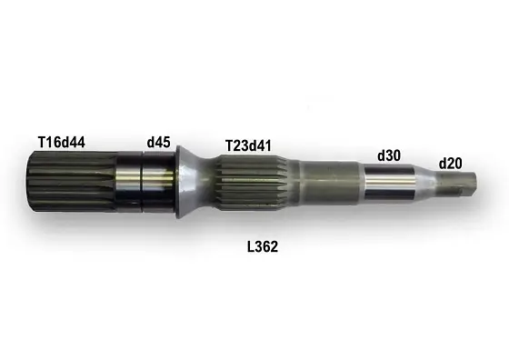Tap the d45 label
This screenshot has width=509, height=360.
pyautogui.click(x=159, y=142)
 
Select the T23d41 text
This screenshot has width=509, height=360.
pyautogui.click(x=249, y=145)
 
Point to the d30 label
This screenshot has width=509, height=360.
pyautogui.click(x=388, y=155)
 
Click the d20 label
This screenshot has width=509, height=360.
pyautogui.click(x=451, y=163)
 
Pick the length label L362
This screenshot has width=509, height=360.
pyautogui.click(x=262, y=245)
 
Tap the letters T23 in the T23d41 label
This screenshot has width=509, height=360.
pyautogui.click(x=236, y=145)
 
